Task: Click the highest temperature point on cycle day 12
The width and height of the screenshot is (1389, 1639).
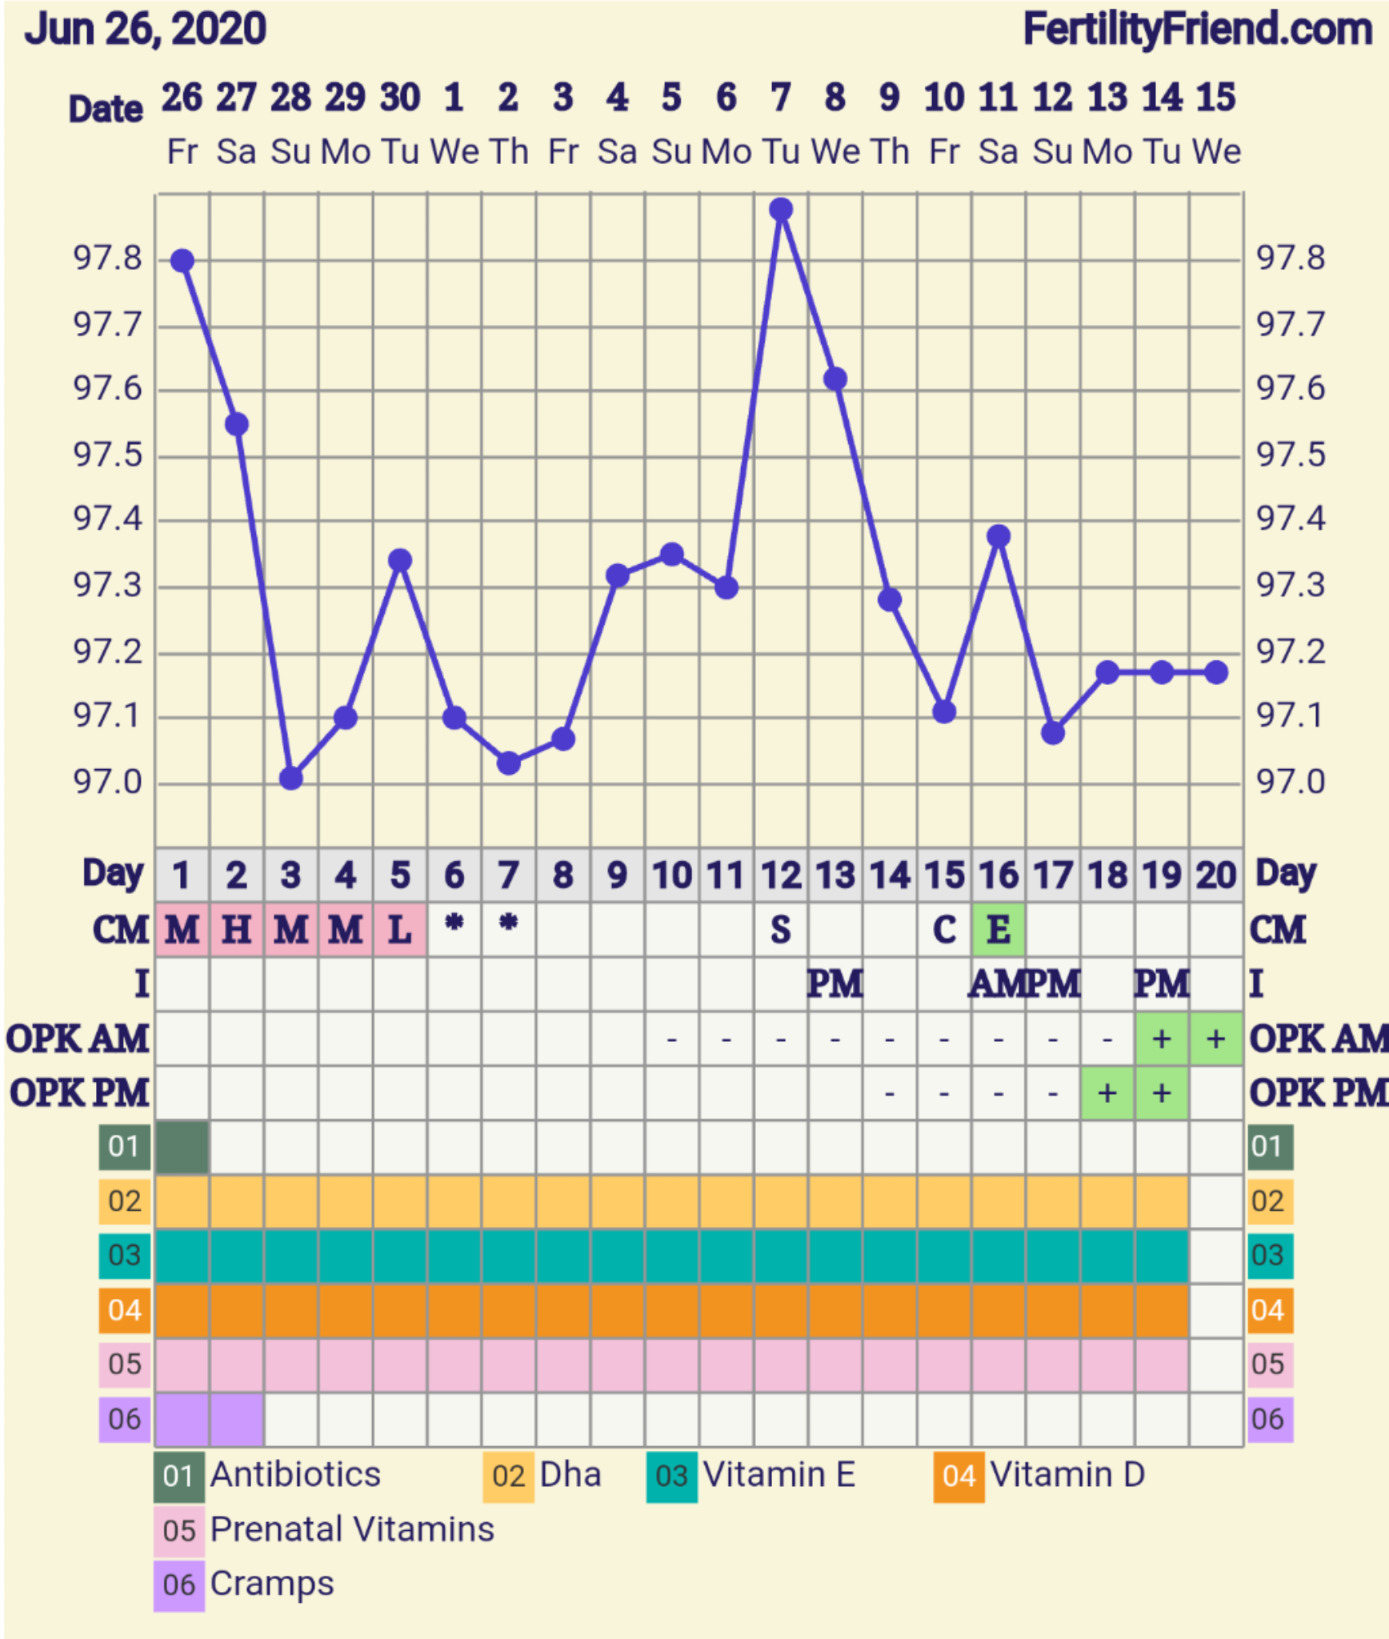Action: click(x=781, y=210)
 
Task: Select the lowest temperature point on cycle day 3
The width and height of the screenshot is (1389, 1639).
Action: click(x=291, y=778)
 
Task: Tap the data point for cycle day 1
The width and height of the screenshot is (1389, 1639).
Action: click(x=182, y=261)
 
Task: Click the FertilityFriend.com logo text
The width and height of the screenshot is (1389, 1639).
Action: click(x=1197, y=30)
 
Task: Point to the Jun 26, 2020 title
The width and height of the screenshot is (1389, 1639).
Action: click(x=145, y=30)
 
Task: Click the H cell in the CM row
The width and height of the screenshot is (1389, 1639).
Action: click(x=237, y=930)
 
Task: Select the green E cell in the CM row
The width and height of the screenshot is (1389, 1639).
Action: click(x=999, y=930)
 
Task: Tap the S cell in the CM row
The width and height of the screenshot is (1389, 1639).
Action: click(x=781, y=930)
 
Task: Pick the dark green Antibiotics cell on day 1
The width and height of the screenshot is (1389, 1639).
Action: click(x=182, y=1147)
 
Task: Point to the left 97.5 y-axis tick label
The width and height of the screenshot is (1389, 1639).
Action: click(x=107, y=455)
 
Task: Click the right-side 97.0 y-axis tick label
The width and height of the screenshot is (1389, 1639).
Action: click(x=1291, y=782)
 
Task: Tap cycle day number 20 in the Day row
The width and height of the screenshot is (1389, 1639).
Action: click(x=1216, y=876)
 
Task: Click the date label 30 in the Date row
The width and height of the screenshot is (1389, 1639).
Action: click(x=400, y=98)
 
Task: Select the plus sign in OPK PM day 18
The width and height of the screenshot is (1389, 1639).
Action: click(x=1107, y=1093)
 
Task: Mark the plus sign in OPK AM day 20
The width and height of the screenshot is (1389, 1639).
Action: click(x=1216, y=1039)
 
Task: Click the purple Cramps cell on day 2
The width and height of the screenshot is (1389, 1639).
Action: click(x=237, y=1420)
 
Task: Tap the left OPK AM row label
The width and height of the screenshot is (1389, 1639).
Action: click(x=78, y=1039)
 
